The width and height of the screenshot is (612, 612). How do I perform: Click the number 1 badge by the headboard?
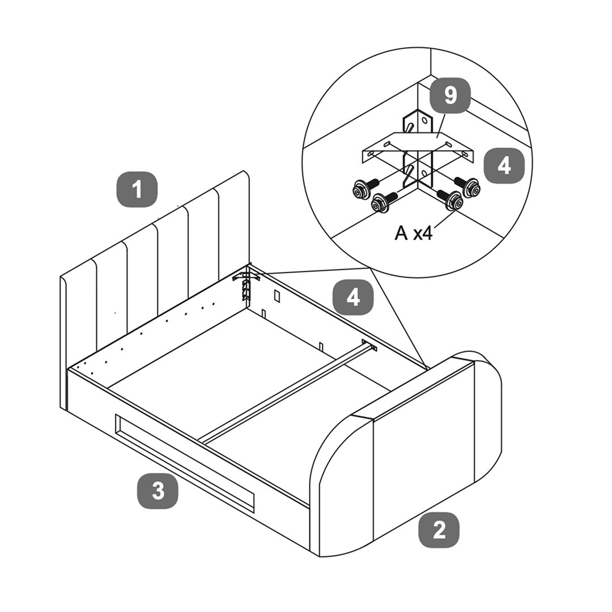click(137, 189)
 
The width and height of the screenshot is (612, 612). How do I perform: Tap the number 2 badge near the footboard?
click(439, 530)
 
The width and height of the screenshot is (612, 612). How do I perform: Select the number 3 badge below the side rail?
click(158, 491)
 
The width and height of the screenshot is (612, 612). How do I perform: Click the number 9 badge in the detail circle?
click(450, 96)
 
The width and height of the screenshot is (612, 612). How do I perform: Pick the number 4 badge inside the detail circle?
click(504, 165)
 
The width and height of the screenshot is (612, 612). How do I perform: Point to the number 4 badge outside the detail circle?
click(353, 297)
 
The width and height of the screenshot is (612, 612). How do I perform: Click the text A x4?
click(413, 233)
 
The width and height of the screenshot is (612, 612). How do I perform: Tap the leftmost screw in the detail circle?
click(364, 189)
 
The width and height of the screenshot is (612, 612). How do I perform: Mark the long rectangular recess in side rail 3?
click(185, 463)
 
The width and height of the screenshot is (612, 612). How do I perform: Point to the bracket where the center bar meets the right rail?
click(369, 345)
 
